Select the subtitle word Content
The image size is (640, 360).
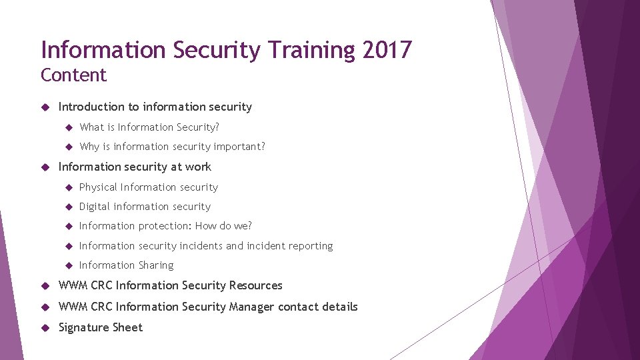[73, 75]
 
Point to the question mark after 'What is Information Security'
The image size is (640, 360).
[217, 127]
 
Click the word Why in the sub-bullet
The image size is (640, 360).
[89, 147]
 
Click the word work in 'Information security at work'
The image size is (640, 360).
[199, 167]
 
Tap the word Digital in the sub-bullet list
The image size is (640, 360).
[95, 207]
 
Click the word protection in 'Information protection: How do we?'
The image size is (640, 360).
[163, 226]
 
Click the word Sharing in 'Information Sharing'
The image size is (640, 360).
[156, 265]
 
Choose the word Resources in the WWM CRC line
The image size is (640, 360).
[255, 285]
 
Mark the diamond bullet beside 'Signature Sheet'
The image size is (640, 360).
[45, 327]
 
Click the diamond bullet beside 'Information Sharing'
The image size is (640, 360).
[67, 265]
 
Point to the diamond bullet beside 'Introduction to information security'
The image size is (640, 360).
[45, 107]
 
